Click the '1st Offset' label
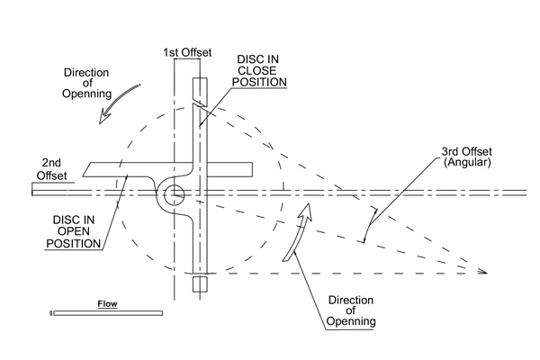coord(187,52)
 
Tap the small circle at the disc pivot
coord(174,192)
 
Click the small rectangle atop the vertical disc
coord(200,89)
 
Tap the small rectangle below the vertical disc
coord(200,283)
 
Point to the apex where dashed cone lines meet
coord(486,272)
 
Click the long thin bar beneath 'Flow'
coord(107,313)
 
